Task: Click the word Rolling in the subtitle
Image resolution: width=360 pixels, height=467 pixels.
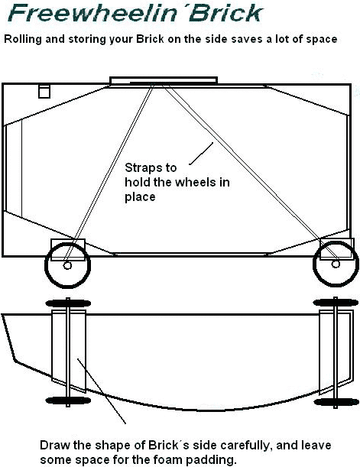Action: click(x=23, y=39)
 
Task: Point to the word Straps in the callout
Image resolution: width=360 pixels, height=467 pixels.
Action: click(x=151, y=167)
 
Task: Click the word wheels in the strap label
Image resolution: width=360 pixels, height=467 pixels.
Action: click(x=196, y=182)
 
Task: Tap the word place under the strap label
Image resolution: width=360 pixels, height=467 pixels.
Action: click(x=140, y=197)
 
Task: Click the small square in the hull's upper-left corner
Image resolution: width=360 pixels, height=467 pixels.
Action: click(x=44, y=91)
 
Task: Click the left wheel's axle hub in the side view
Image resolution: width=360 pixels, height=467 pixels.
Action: click(x=67, y=265)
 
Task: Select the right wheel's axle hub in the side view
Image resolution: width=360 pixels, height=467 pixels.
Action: click(x=336, y=264)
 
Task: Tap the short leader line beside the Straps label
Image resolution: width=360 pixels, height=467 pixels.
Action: click(x=201, y=154)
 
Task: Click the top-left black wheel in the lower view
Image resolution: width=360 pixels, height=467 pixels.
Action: click(x=68, y=303)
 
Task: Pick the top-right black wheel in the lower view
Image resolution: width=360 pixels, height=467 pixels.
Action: click(x=336, y=303)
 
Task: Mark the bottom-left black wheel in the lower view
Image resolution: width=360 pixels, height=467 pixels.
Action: click(x=68, y=400)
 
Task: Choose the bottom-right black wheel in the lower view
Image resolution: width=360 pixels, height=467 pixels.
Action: click(x=336, y=402)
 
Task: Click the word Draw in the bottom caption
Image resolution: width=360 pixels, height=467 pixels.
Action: click(x=55, y=446)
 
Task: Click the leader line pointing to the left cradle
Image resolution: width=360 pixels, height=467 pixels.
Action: click(x=101, y=391)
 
